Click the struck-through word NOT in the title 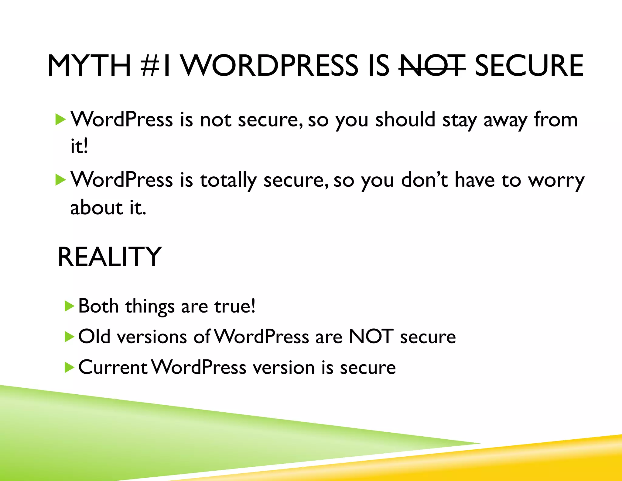[432, 66]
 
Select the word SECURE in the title [529, 66]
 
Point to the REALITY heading [109, 257]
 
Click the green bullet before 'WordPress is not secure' [60, 119]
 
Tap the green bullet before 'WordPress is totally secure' [60, 180]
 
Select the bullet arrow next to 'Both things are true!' [70, 306]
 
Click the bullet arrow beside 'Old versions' [70, 337]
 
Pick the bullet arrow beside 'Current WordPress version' [70, 368]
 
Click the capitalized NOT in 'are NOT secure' [371, 337]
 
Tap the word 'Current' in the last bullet [113, 367]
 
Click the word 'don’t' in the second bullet [425, 180]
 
